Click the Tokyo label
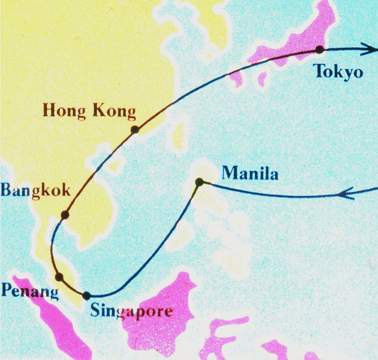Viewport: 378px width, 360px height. coord(338,72)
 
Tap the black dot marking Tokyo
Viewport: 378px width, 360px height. coord(320,50)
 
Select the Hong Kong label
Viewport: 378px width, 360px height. coord(90,110)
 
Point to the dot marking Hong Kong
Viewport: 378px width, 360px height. coord(135,130)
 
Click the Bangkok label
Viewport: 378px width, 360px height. coord(35,190)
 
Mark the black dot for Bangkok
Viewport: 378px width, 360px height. coord(65,215)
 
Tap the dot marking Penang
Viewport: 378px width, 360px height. coord(59,277)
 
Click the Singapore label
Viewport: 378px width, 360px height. coord(131,312)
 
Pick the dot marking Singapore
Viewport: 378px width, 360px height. coord(87,296)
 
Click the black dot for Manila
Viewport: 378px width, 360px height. coord(199,182)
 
